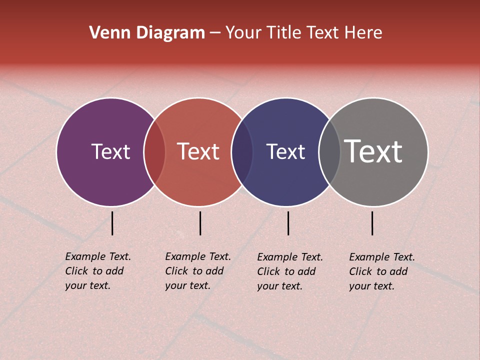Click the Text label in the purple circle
pos(110,152)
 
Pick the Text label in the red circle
pos(198,152)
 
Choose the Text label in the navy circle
pos(285,152)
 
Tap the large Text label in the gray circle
pos(373,151)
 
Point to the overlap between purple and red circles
pos(154,152)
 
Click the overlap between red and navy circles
pos(242,152)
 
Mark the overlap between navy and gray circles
pos(329,152)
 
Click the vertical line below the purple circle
pos(112,223)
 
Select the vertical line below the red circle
pos(200,223)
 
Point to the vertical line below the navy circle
pos(288,223)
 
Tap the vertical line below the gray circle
pos(372,223)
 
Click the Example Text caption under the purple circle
pos(98,271)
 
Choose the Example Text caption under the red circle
pos(198,271)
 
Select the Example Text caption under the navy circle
pos(290,271)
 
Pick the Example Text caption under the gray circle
pos(382,271)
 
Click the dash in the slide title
pos(215,33)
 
